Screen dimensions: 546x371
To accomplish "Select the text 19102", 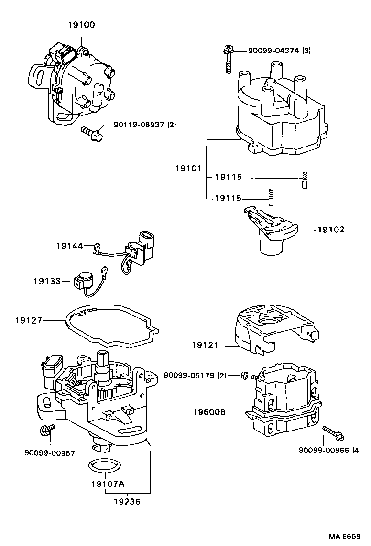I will coord(330,229).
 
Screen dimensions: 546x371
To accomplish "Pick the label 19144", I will coord(69,246).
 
